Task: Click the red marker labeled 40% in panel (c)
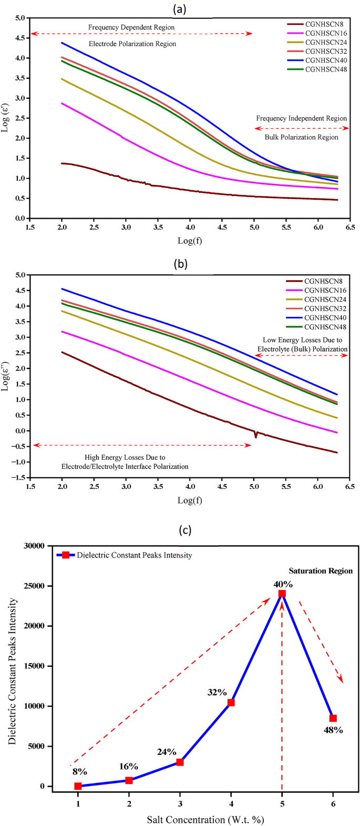coord(282,593)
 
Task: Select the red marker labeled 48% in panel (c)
coord(333,718)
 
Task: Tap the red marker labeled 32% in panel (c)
coord(231,703)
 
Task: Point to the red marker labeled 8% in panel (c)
coord(78,786)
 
